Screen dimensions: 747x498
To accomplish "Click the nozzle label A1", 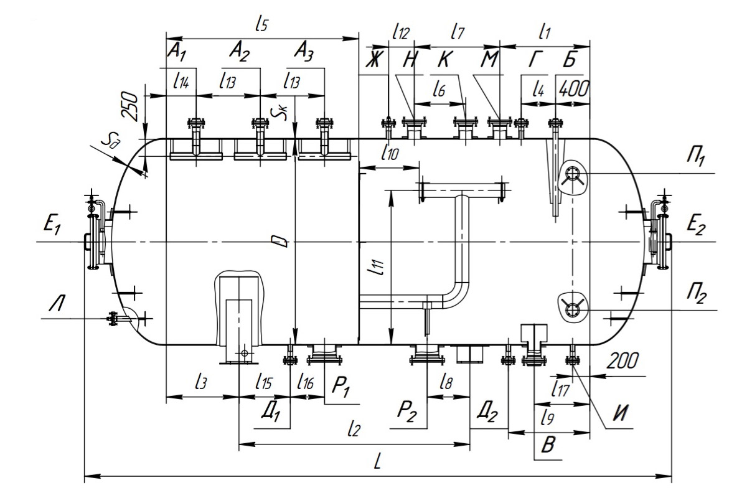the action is click(177, 53).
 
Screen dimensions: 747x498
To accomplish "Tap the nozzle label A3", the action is click(304, 53).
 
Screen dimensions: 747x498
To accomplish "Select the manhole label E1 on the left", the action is click(52, 225).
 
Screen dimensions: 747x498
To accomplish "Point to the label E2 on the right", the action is click(696, 225).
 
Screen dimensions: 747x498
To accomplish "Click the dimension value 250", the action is click(129, 106).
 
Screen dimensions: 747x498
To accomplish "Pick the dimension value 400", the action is click(573, 89).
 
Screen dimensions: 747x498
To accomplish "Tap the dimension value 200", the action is click(622, 361).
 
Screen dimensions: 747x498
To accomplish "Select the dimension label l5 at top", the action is click(262, 24).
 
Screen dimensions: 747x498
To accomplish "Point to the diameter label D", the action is click(282, 242).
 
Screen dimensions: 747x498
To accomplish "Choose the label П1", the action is click(697, 156).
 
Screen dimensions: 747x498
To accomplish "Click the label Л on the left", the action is click(57, 304).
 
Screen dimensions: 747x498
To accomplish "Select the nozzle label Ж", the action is click(373, 60).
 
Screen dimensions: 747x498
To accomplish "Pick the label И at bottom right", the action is click(621, 413).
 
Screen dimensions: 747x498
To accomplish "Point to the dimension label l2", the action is click(354, 428).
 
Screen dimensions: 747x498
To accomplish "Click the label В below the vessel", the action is click(548, 445).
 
